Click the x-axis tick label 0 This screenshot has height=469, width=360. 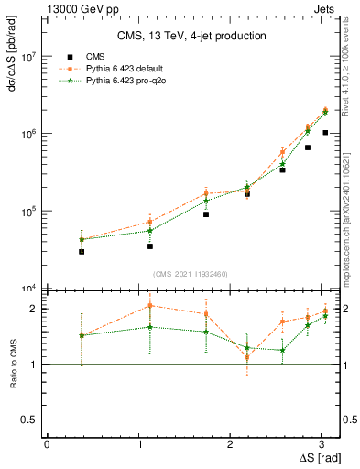point(47,444)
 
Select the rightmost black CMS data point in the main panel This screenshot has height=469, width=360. point(325,133)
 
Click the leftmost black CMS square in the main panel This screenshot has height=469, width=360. point(82,251)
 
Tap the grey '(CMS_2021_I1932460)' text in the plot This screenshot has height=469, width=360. point(191,274)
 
